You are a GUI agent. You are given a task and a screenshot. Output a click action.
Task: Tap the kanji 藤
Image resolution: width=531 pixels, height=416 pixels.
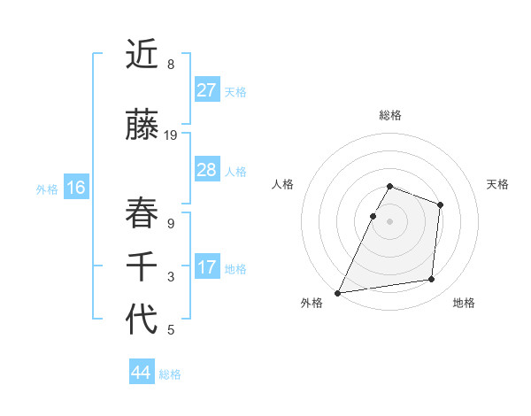(142, 126)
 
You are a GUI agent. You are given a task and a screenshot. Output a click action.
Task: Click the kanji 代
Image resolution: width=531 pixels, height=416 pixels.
(142, 319)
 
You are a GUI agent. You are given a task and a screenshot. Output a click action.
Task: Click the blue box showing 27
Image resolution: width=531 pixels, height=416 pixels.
(207, 90)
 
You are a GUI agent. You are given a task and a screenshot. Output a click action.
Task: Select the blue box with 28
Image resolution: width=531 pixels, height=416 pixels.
(207, 170)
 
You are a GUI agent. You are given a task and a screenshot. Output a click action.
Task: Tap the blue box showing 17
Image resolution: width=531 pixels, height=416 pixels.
(207, 267)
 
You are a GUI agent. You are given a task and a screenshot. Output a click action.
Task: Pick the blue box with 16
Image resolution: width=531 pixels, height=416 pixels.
(76, 188)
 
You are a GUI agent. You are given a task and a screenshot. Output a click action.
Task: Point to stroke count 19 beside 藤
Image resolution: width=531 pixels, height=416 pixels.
(171, 135)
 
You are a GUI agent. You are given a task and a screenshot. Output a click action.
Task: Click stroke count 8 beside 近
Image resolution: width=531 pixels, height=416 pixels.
(171, 65)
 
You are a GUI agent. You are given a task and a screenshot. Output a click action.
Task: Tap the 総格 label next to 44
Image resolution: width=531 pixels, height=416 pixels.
(170, 374)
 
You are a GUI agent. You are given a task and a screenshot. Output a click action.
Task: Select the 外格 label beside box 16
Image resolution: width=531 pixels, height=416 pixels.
(47, 189)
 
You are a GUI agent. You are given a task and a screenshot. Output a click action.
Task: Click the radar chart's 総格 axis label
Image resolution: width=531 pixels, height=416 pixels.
(390, 115)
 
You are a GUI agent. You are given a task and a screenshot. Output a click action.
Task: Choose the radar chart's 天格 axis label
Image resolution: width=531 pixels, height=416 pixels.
(497, 184)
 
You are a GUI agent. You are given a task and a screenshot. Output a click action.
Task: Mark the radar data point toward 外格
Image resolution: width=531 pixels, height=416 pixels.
(337, 293)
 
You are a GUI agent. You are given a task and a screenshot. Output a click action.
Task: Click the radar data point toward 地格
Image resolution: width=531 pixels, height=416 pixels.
(432, 280)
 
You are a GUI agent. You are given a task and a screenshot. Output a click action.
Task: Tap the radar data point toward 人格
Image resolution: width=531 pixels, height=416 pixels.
(373, 216)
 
